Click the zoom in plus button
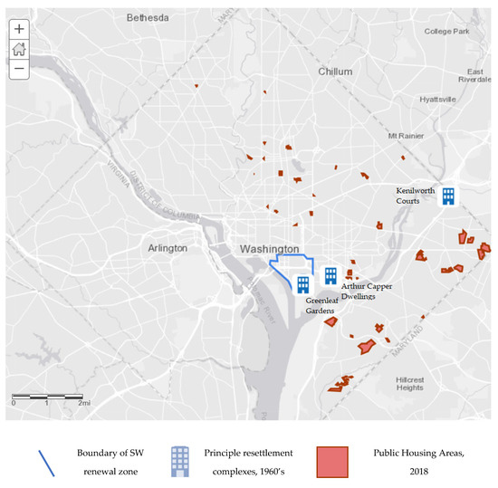(x=19, y=29)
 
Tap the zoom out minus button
(x=19, y=68)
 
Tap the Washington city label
(x=269, y=248)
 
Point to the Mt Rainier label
(x=406, y=137)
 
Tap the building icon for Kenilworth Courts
(x=447, y=196)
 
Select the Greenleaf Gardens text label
(x=325, y=304)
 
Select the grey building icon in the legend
(x=181, y=459)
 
